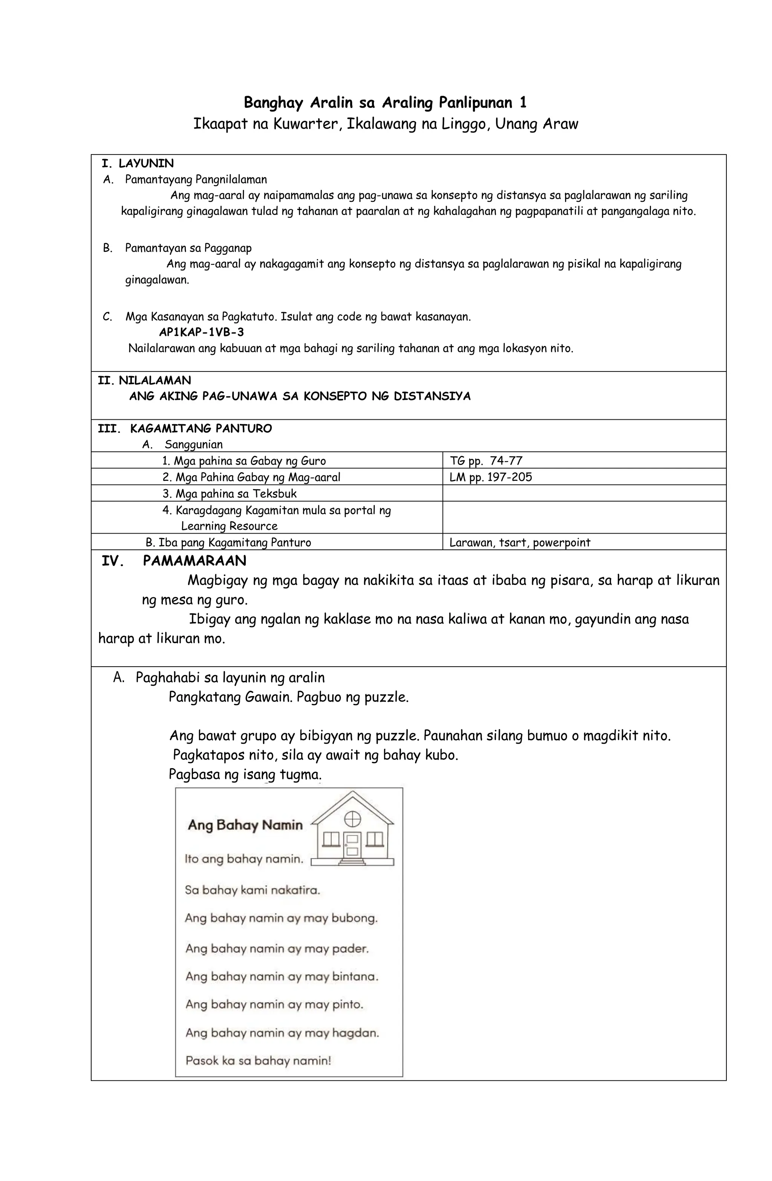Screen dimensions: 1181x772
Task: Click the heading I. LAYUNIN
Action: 138,163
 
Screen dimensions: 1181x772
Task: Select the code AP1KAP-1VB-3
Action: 201,332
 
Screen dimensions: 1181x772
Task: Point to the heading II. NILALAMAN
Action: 144,380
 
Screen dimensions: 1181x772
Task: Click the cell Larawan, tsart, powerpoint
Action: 519,542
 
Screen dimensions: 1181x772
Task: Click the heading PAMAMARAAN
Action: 194,561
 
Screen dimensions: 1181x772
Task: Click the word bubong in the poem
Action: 354,918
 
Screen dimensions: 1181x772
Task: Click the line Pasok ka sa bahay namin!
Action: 258,1061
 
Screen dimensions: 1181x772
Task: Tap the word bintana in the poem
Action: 355,977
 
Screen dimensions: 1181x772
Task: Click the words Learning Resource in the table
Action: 229,526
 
